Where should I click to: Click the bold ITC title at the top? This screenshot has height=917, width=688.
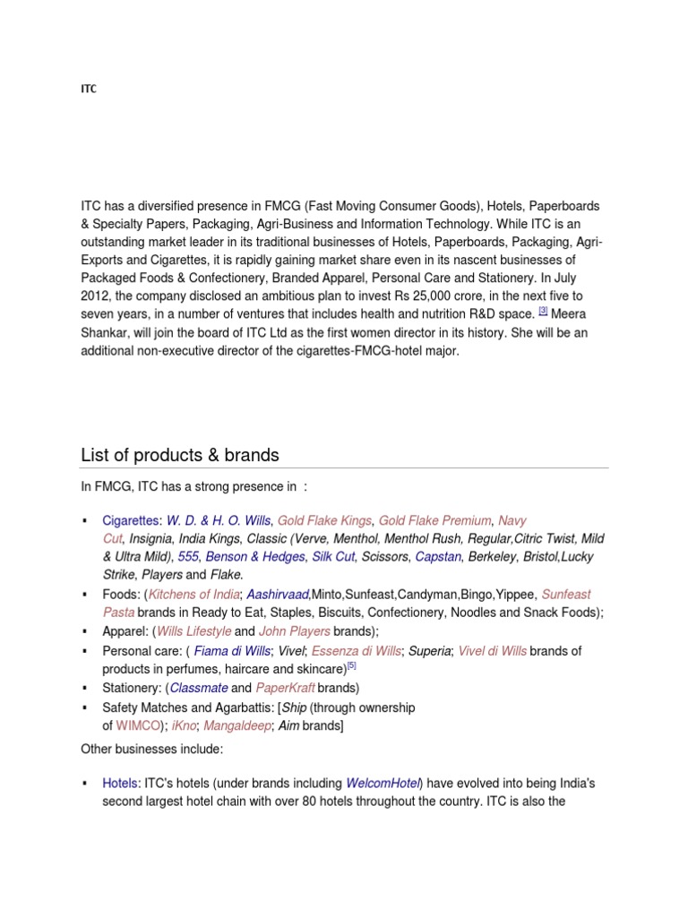click(x=88, y=90)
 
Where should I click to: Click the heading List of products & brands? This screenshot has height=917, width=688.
click(x=180, y=455)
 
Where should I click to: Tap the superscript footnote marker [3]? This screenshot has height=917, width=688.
click(x=543, y=311)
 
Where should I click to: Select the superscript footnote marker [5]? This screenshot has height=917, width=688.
click(x=352, y=665)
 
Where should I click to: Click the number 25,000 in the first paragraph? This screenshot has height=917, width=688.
click(x=467, y=296)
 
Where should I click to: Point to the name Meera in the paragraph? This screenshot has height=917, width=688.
click(x=571, y=314)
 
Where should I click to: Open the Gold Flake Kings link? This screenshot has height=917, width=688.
click(x=324, y=520)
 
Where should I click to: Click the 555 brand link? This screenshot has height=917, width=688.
click(x=188, y=556)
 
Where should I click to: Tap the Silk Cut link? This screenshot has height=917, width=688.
click(x=333, y=556)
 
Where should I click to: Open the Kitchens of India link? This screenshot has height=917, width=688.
click(x=194, y=594)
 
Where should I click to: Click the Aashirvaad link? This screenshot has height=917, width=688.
click(x=277, y=594)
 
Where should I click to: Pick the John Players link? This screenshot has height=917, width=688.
click(x=295, y=631)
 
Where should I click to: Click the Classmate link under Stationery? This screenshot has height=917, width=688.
click(x=199, y=688)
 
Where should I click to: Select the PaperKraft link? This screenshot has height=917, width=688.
click(x=285, y=688)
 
